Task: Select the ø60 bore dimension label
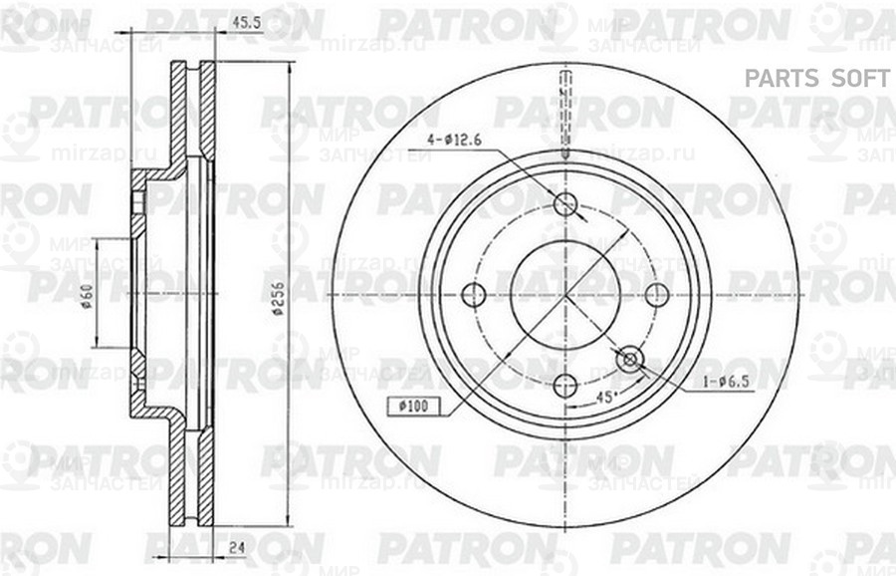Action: pyautogui.click(x=88, y=297)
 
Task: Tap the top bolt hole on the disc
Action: pyautogui.click(x=564, y=204)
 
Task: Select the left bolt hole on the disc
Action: pyautogui.click(x=474, y=295)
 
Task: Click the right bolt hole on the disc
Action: pyautogui.click(x=656, y=295)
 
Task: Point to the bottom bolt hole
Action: pyautogui.click(x=564, y=386)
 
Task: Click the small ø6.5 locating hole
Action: pyautogui.click(x=628, y=359)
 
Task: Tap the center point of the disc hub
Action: pyautogui.click(x=564, y=295)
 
